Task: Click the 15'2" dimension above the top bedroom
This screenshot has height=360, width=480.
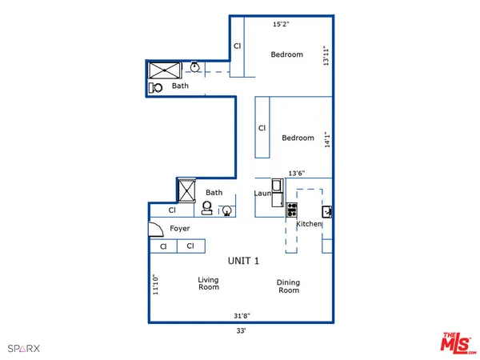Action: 281,24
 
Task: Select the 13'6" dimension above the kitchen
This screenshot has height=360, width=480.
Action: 297,172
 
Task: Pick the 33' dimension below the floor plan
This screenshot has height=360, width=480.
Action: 240,330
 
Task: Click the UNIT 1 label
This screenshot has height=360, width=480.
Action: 244,261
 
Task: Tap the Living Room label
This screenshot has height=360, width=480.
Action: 209,283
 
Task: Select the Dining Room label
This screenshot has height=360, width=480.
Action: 288,286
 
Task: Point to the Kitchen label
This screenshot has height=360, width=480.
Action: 309,224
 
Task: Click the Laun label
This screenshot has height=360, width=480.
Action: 263,193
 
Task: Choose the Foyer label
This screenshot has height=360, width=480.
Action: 180,229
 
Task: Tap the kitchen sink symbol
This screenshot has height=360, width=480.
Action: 326,212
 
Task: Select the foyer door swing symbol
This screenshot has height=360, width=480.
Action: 155,230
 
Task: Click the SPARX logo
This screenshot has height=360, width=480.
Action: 23,348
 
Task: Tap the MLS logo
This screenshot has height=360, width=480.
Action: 457,341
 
